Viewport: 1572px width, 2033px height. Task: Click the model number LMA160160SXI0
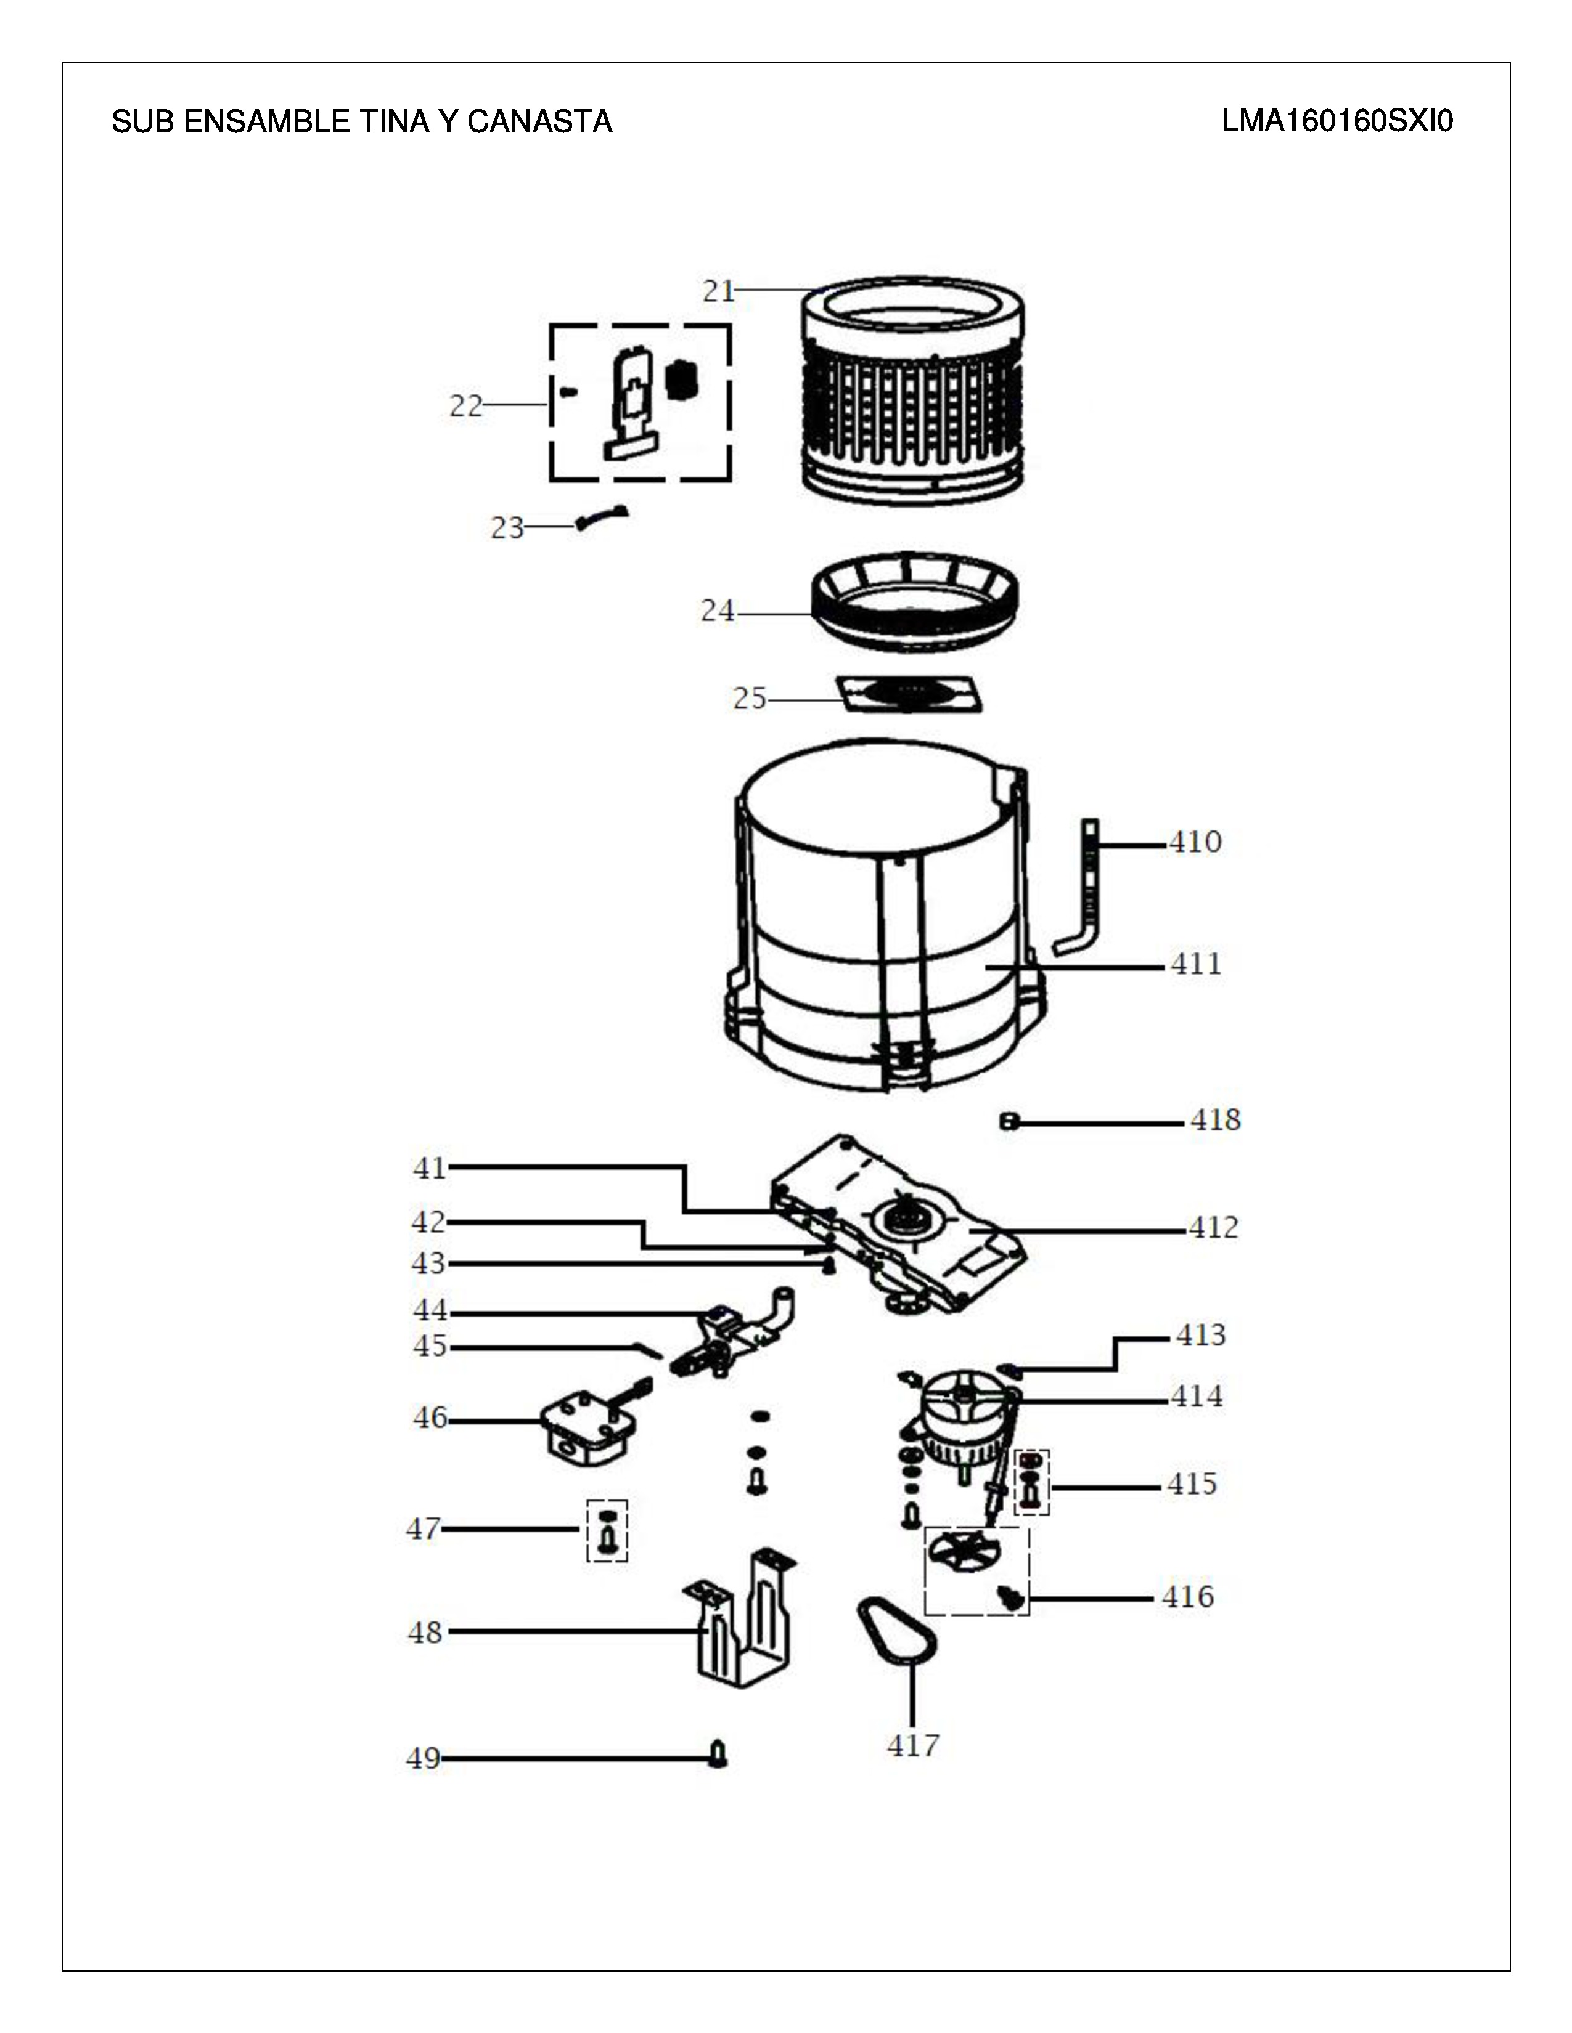point(1337,121)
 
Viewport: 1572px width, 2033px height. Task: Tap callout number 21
point(719,291)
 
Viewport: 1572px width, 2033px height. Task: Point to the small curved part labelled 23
point(602,517)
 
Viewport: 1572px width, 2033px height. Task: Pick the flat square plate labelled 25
point(909,694)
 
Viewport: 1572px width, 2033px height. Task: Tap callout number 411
point(1196,964)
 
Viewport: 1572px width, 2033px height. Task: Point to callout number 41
point(430,1167)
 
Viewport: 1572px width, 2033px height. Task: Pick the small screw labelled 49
point(718,1754)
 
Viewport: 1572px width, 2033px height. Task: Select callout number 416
point(1189,1597)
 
